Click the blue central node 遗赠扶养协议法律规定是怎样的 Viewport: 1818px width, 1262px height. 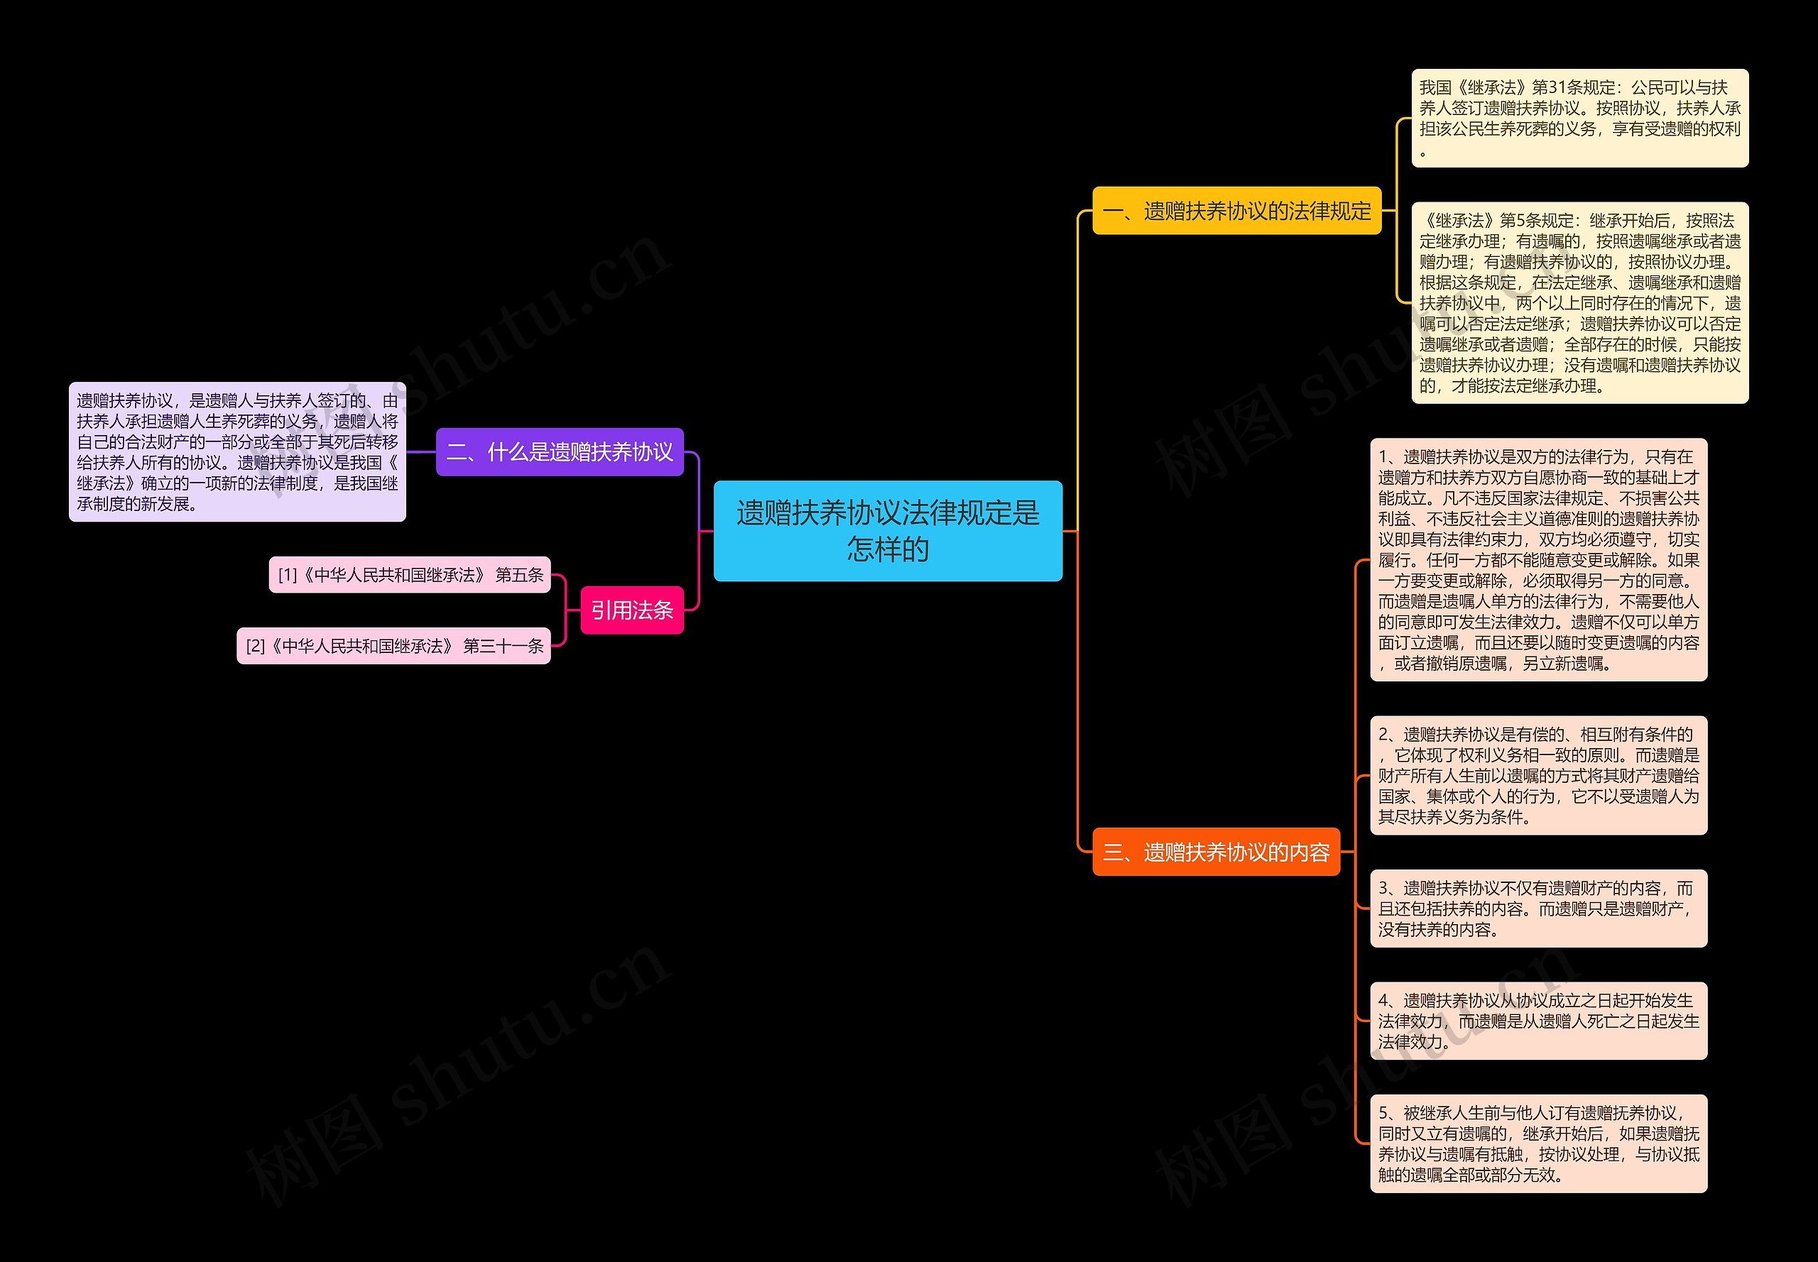887,531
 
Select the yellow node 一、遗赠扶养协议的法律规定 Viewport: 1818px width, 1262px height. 1236,211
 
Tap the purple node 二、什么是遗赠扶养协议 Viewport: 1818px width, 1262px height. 560,452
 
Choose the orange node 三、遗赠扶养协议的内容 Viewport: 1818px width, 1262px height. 1215,852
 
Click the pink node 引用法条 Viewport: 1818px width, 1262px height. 631,610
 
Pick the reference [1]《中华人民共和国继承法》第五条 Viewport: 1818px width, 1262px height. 410,575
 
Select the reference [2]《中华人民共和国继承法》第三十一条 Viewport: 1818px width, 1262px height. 393,646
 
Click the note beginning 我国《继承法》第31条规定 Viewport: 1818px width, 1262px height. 1579,118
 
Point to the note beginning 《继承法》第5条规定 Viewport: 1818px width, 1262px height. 1579,303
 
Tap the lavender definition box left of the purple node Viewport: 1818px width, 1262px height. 237,452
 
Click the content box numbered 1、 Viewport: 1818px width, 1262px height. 1538,560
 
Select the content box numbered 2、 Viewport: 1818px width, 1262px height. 1538,776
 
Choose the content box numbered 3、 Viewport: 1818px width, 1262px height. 1538,909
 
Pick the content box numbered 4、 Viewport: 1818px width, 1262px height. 1538,1021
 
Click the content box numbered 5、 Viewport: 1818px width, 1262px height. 1538,1143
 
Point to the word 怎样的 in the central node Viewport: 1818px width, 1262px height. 888,549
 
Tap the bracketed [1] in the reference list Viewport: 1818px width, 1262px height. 287,576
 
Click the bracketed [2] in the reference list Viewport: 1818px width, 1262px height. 255,647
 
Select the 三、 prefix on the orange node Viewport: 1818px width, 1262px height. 1118,852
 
